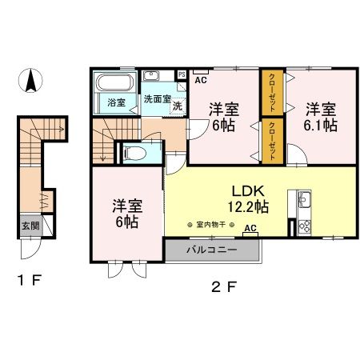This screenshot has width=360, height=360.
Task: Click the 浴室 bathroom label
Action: coord(116,102)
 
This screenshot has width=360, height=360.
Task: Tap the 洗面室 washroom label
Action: coord(157,99)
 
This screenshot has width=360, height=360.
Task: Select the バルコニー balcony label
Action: coord(210,249)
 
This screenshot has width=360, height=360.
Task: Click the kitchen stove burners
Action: coord(304,225)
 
